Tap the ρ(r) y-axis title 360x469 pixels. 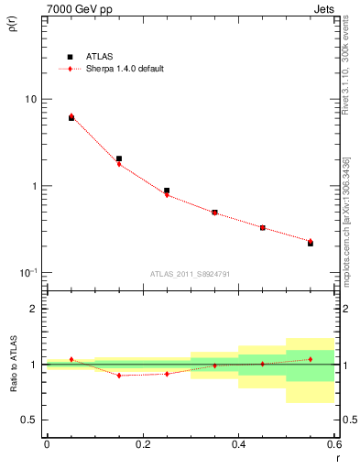click(13, 26)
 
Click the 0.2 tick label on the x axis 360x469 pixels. click(142, 444)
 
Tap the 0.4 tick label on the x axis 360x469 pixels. click(238, 444)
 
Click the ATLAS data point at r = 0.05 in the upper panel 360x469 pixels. click(71, 118)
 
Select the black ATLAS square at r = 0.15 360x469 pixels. click(119, 158)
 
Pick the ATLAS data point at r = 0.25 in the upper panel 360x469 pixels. click(167, 191)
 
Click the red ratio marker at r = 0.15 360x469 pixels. click(119, 376)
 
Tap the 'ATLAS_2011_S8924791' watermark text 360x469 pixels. click(191, 273)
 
